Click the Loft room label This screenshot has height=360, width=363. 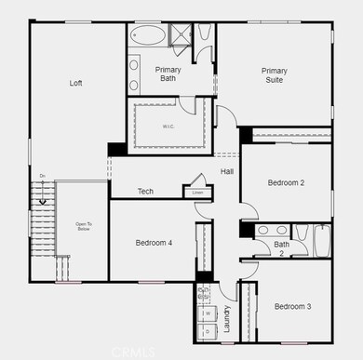[x=76, y=84]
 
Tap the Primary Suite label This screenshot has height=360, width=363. [x=275, y=75]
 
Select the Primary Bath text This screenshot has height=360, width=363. [x=168, y=73]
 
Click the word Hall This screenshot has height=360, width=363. [x=226, y=172]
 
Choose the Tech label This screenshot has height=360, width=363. [x=145, y=192]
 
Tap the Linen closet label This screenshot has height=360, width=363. [x=197, y=193]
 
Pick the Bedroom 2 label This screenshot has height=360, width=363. [x=287, y=183]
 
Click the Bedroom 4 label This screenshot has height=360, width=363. [x=154, y=243]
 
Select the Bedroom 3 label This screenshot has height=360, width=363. [x=292, y=306]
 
